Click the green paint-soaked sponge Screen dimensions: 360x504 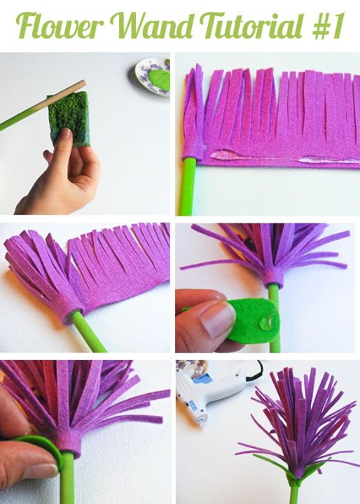[x=68, y=119]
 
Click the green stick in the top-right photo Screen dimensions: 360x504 [x=188, y=185]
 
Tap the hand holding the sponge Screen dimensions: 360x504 [x=60, y=170]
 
